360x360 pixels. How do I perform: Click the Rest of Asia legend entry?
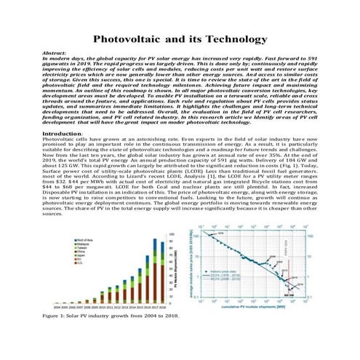[x=85, y=241]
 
